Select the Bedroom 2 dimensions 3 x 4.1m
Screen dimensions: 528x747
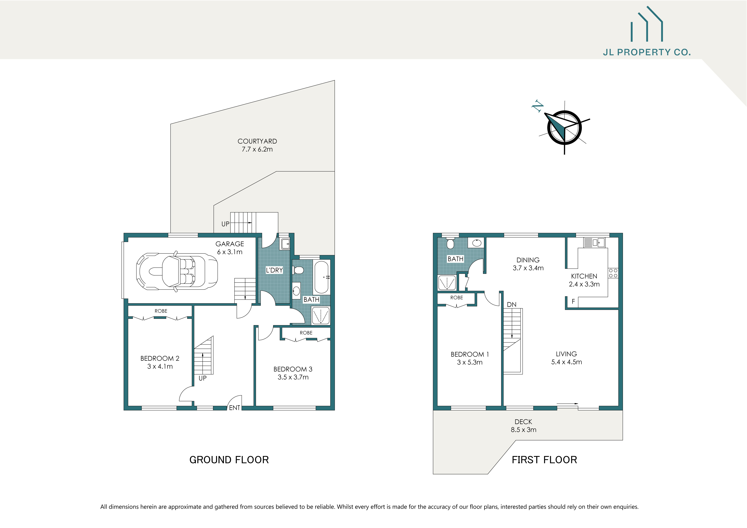(160, 366)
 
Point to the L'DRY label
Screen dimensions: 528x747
(274, 270)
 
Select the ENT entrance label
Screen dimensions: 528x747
(235, 408)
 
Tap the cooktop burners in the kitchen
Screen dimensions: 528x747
(613, 273)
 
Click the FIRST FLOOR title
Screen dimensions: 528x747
(544, 460)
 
